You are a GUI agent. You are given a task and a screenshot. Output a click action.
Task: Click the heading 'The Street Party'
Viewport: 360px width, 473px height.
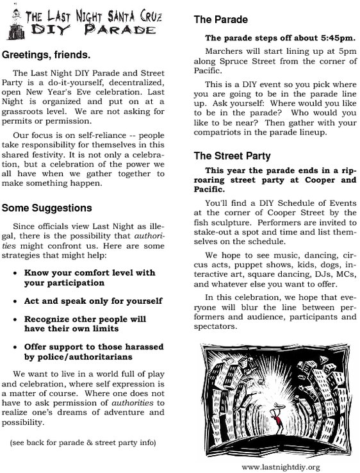[x=232, y=156]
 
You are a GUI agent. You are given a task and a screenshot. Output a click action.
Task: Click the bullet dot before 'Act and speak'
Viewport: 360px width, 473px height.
[x=15, y=301]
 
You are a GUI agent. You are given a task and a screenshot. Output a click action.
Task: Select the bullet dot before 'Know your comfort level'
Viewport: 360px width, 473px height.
[x=15, y=272]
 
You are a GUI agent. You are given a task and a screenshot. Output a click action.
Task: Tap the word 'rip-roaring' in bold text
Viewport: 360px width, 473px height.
[x=330, y=180]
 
